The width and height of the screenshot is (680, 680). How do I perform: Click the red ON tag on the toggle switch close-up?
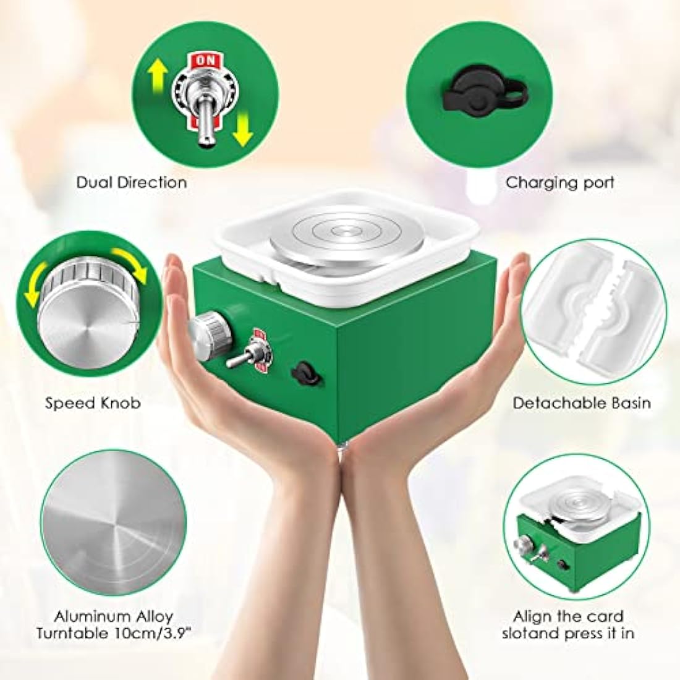pyautogui.click(x=205, y=61)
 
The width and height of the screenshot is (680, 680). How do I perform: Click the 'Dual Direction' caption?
pyautogui.click(x=132, y=182)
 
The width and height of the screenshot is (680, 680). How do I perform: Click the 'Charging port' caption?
pyautogui.click(x=559, y=182)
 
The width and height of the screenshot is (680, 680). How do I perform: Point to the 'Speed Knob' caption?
pyautogui.click(x=93, y=403)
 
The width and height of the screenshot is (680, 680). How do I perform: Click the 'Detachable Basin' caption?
pyautogui.click(x=582, y=403)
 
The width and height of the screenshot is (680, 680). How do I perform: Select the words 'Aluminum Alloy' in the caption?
pyautogui.click(x=113, y=616)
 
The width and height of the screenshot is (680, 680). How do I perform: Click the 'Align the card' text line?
pyautogui.click(x=568, y=616)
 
